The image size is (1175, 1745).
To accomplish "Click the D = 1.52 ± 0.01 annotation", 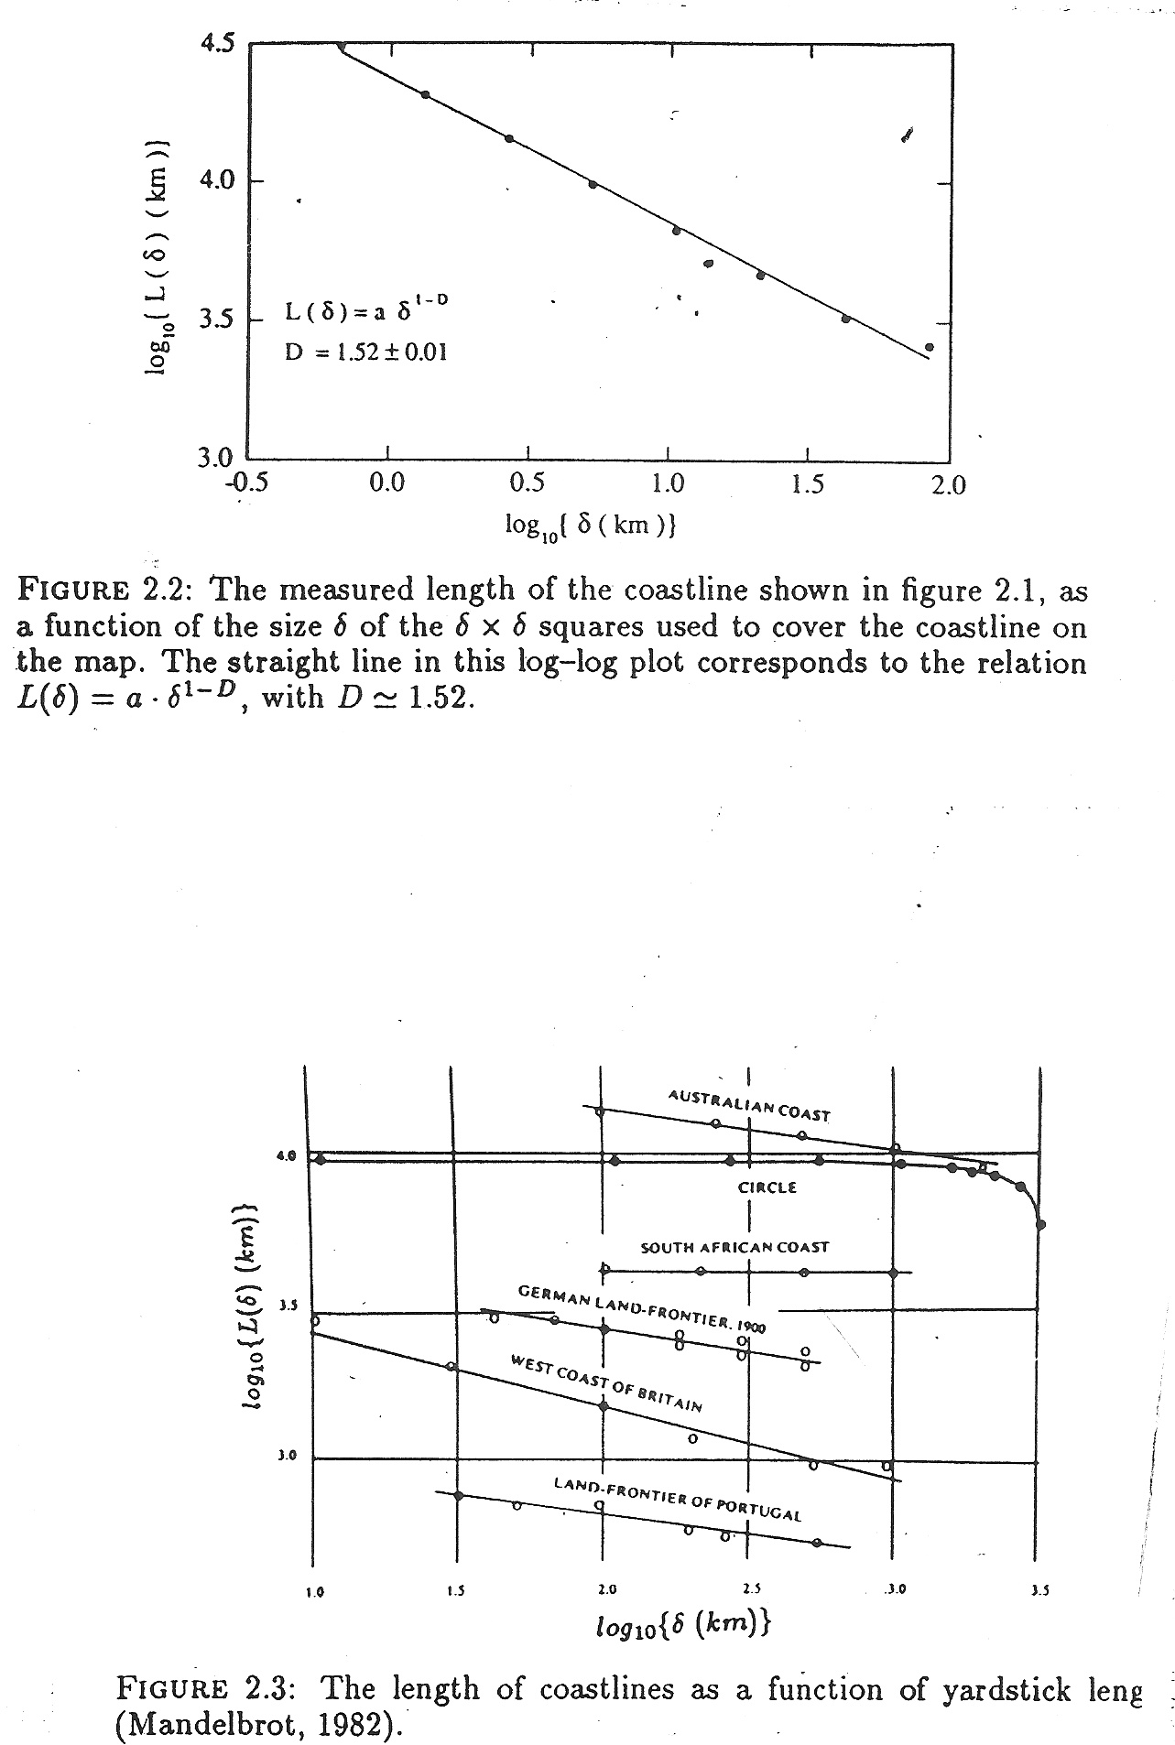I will pyautogui.click(x=365, y=352).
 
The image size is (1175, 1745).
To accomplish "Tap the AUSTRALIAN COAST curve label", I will pyautogui.click(x=749, y=1105).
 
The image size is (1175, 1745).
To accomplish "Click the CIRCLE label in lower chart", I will pyautogui.click(x=767, y=1187).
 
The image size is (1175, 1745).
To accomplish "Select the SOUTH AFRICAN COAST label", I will pyautogui.click(x=734, y=1247).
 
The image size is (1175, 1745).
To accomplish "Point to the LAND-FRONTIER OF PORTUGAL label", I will pyautogui.click(x=678, y=1498).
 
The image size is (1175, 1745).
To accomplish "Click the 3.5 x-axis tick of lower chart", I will pyautogui.click(x=1039, y=1591).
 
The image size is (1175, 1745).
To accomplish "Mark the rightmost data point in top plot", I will pyautogui.click(x=930, y=347).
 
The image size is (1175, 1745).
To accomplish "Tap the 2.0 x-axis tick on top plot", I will pyautogui.click(x=948, y=484).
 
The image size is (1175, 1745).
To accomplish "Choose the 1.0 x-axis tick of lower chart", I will pyautogui.click(x=314, y=1591).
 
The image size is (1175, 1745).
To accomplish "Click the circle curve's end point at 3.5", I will pyautogui.click(x=1039, y=1224).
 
